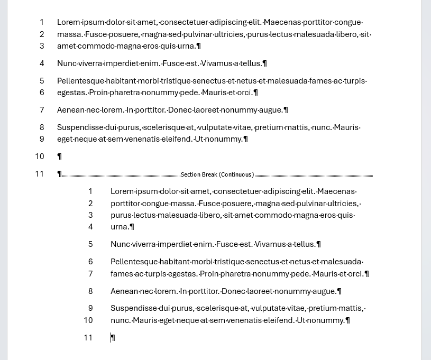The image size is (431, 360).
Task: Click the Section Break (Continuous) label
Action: [x=217, y=174]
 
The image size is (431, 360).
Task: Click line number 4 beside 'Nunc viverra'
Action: [x=42, y=63]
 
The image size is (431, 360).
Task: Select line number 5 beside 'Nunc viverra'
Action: [x=90, y=244]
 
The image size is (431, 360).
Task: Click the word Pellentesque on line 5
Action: [x=80, y=81]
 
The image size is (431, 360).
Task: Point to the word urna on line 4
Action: [x=120, y=227]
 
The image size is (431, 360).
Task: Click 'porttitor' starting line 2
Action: [x=125, y=204]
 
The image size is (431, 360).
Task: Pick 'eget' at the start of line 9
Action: [x=65, y=139]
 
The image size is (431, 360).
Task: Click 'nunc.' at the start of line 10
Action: [x=120, y=320]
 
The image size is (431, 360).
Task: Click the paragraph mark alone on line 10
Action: [x=60, y=156]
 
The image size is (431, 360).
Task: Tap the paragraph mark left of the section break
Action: [x=60, y=174]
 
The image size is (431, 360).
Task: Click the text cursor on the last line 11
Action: [x=112, y=337]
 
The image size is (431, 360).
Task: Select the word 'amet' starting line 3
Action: [x=67, y=46]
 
